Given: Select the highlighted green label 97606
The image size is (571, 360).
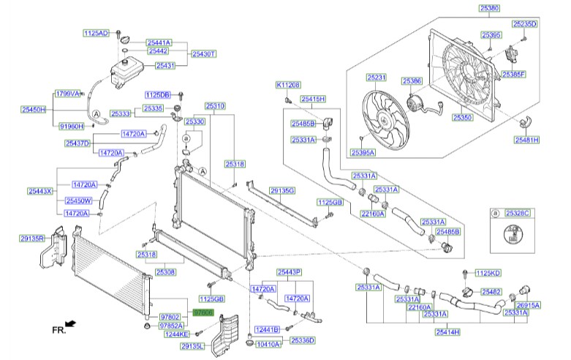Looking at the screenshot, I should [203, 312].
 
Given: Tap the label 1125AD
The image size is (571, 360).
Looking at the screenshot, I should [95, 34].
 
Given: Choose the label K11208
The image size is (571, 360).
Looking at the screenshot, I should [288, 85].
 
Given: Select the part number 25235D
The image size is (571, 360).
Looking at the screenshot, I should [524, 24].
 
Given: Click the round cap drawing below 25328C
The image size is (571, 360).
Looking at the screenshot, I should [513, 235].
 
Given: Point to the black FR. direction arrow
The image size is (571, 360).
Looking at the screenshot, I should [70, 323].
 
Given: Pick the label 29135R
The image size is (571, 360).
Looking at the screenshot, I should [33, 238].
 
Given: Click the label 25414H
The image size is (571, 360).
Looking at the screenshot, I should [447, 332].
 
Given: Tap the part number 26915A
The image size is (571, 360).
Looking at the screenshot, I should [528, 305].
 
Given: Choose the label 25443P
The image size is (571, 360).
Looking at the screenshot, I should [289, 272].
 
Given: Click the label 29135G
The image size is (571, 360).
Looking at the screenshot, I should [282, 190].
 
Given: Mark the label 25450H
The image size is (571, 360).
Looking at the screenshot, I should [33, 109].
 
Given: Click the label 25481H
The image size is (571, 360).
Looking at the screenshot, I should [526, 139].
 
